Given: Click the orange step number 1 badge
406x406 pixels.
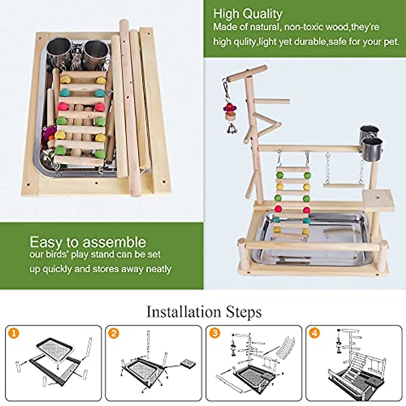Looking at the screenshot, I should coord(14,333).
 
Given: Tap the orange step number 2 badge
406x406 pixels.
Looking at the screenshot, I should coord(114,333).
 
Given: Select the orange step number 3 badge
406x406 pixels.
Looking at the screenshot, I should coord(215,333).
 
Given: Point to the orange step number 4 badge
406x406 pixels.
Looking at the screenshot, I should coord(314,333).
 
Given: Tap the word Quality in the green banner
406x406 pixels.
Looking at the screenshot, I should coord(262,14).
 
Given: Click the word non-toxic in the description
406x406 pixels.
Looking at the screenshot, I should coord(303,27).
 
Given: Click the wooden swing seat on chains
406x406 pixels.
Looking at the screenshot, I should coord(343,185).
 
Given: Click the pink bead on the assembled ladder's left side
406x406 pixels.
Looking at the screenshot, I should coord(279,209).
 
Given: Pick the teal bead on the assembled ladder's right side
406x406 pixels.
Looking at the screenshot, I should coord(307,220).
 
